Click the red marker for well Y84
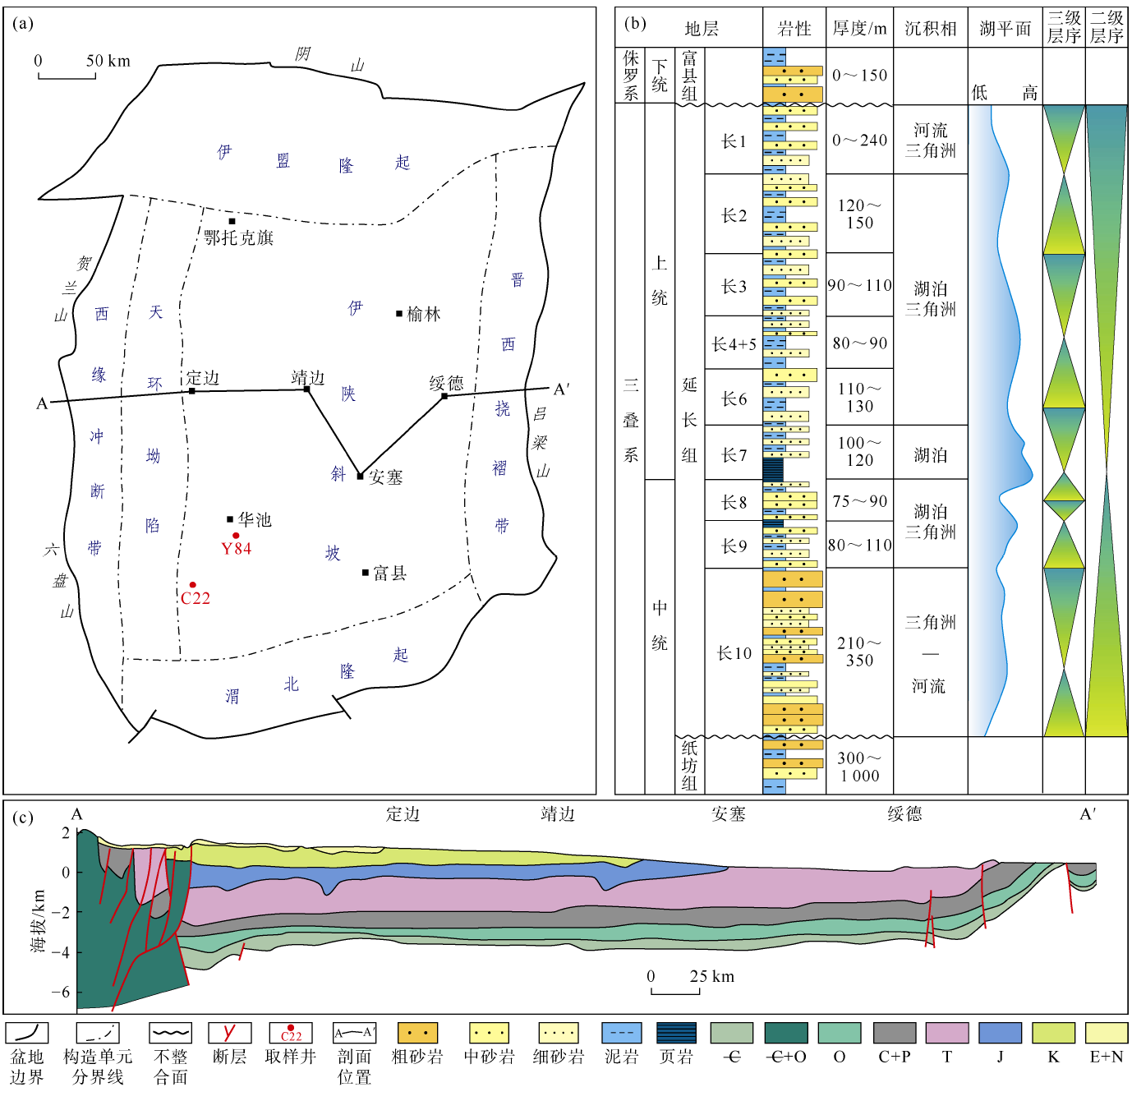pos(236,536)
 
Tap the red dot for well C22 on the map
pos(192,585)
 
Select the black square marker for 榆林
pos(399,314)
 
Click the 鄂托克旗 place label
pos(238,237)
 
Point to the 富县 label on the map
pos(389,574)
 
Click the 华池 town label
pos(255,519)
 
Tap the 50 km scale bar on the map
pos(67,75)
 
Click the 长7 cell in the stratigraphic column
pos(734,454)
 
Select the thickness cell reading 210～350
pos(859,652)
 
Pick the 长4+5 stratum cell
pos(734,344)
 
